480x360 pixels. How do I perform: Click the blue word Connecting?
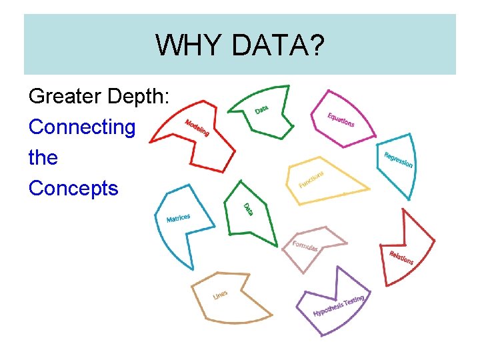(x=82, y=127)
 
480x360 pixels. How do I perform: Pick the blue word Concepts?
(x=73, y=188)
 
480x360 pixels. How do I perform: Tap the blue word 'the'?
(x=43, y=158)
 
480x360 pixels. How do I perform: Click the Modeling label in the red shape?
(x=197, y=127)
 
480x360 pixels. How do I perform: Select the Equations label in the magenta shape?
(x=341, y=120)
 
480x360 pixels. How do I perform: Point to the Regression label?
(x=398, y=160)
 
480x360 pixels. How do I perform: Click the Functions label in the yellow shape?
(x=311, y=179)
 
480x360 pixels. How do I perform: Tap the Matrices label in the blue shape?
(x=178, y=218)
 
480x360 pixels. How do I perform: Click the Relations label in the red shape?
(x=401, y=257)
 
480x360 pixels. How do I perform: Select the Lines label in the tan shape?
(x=220, y=295)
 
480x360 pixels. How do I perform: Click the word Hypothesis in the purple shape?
(x=328, y=308)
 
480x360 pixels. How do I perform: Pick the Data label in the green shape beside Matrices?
(x=247, y=209)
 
